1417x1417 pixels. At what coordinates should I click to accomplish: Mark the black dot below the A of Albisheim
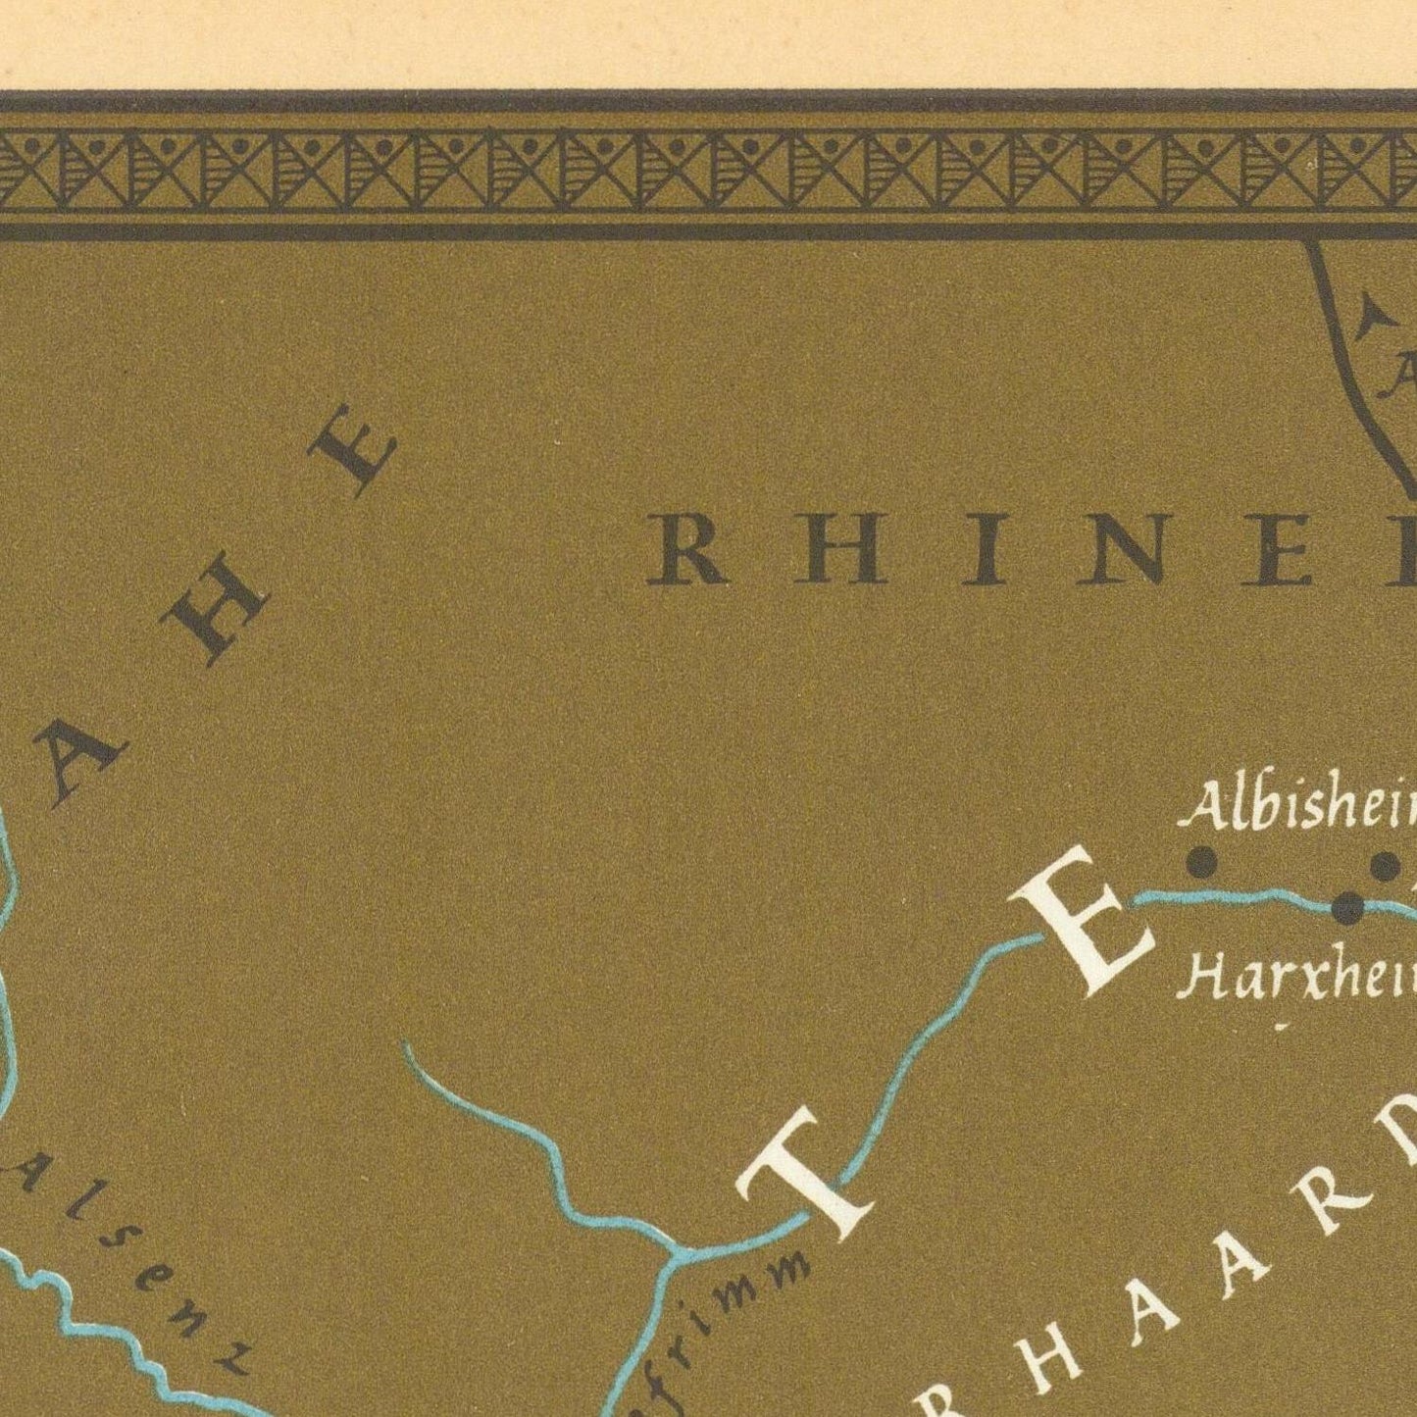click(x=1201, y=864)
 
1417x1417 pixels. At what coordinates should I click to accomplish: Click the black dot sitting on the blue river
click(x=1348, y=909)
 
